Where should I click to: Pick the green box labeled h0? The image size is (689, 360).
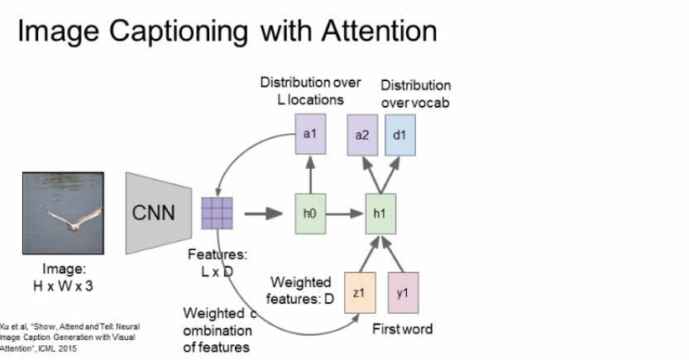pyautogui.click(x=309, y=214)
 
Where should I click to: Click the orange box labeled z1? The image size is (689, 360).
pyautogui.click(x=359, y=292)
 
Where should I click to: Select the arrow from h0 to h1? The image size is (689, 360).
pyautogui.click(x=345, y=214)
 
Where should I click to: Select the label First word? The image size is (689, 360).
pyautogui.click(x=403, y=329)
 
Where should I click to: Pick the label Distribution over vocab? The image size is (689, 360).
pyautogui.click(x=415, y=93)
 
